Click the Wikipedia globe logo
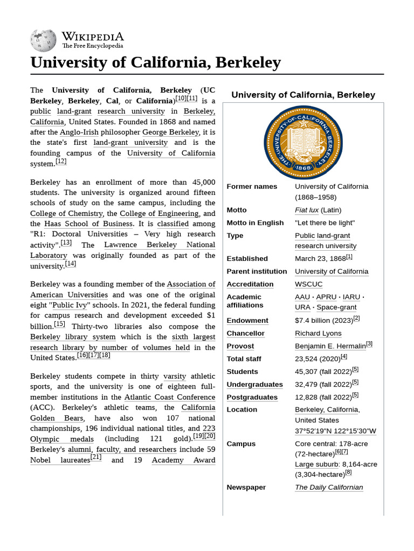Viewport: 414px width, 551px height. click(x=44, y=39)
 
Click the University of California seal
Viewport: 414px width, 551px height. click(x=303, y=142)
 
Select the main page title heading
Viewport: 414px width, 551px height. click(x=155, y=63)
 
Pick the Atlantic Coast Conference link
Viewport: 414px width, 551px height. click(x=170, y=397)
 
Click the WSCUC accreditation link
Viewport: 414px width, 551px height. click(x=309, y=284)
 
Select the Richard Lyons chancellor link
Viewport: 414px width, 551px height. click(x=318, y=333)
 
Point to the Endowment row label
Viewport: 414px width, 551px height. click(x=247, y=320)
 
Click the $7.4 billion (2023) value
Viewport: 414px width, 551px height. click(x=323, y=320)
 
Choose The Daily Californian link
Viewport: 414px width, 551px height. click(x=329, y=487)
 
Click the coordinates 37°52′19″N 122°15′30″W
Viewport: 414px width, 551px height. click(x=335, y=431)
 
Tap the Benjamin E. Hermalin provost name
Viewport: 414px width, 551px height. click(x=330, y=346)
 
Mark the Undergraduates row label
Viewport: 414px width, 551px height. click(x=254, y=384)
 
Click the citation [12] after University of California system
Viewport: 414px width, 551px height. click(x=61, y=161)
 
